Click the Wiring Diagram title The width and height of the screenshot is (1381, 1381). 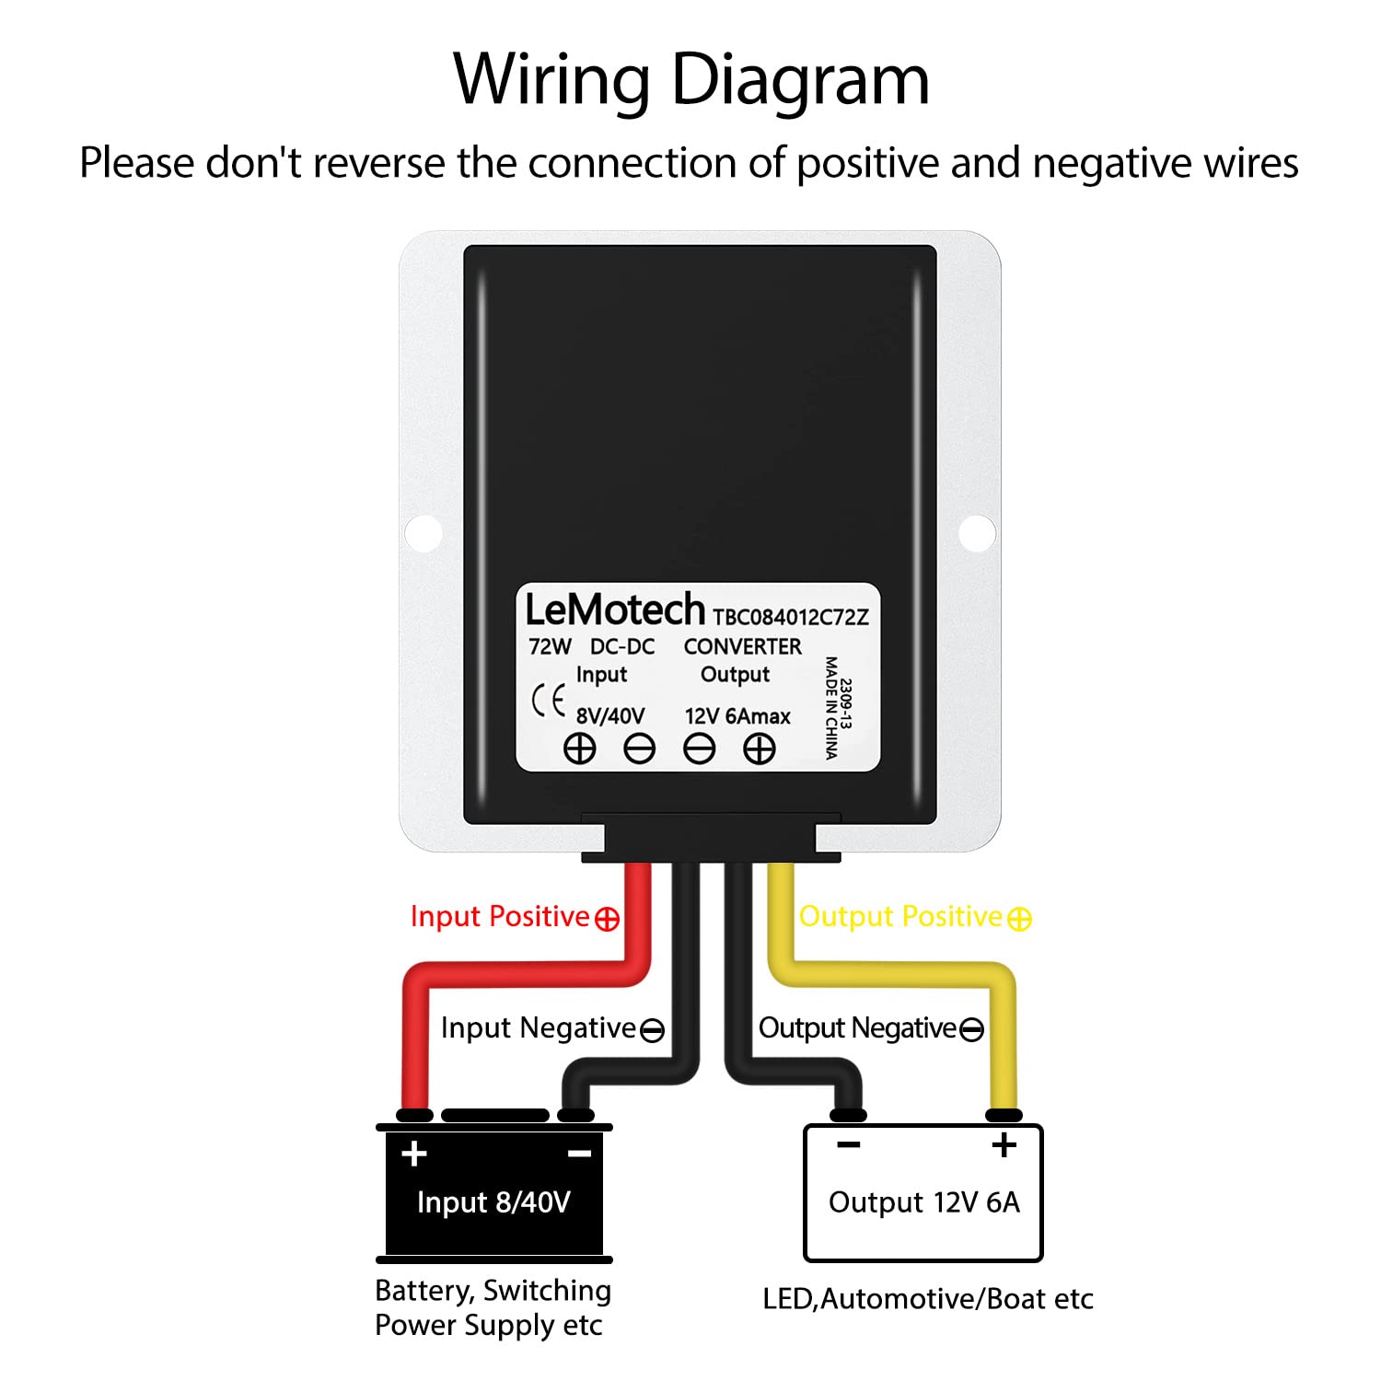coord(690,80)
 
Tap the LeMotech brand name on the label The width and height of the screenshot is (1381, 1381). coord(614,609)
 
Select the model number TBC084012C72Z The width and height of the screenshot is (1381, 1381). coord(790,617)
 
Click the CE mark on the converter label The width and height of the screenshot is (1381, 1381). coord(549,702)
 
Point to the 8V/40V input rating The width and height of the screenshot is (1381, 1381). coord(610,716)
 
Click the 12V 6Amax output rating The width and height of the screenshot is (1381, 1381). coord(737,716)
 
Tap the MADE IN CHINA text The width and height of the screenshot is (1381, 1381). coord(830,707)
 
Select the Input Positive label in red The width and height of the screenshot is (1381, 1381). coord(514,917)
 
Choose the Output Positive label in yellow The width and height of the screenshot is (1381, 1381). coord(914,917)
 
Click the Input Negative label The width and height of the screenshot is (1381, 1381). coord(551,1028)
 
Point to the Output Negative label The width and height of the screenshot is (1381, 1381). coord(870,1028)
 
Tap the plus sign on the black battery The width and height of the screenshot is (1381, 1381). coord(414,1153)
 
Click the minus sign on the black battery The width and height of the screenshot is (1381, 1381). coord(579,1153)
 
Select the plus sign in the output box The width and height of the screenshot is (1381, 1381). coord(1004,1144)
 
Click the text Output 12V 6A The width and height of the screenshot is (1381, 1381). coord(923,1202)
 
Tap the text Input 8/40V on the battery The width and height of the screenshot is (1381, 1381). coord(493,1202)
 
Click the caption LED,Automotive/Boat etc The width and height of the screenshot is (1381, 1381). coord(927,1299)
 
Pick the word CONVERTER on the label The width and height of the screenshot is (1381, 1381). coord(742,646)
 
